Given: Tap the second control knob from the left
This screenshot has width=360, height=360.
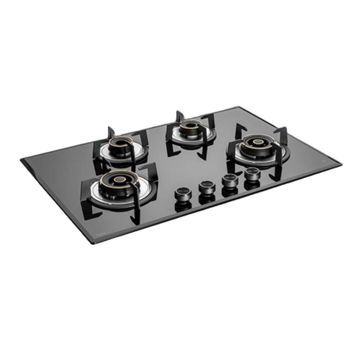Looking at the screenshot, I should pos(206,186).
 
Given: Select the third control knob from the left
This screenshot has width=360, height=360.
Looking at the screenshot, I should pos(229,180).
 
